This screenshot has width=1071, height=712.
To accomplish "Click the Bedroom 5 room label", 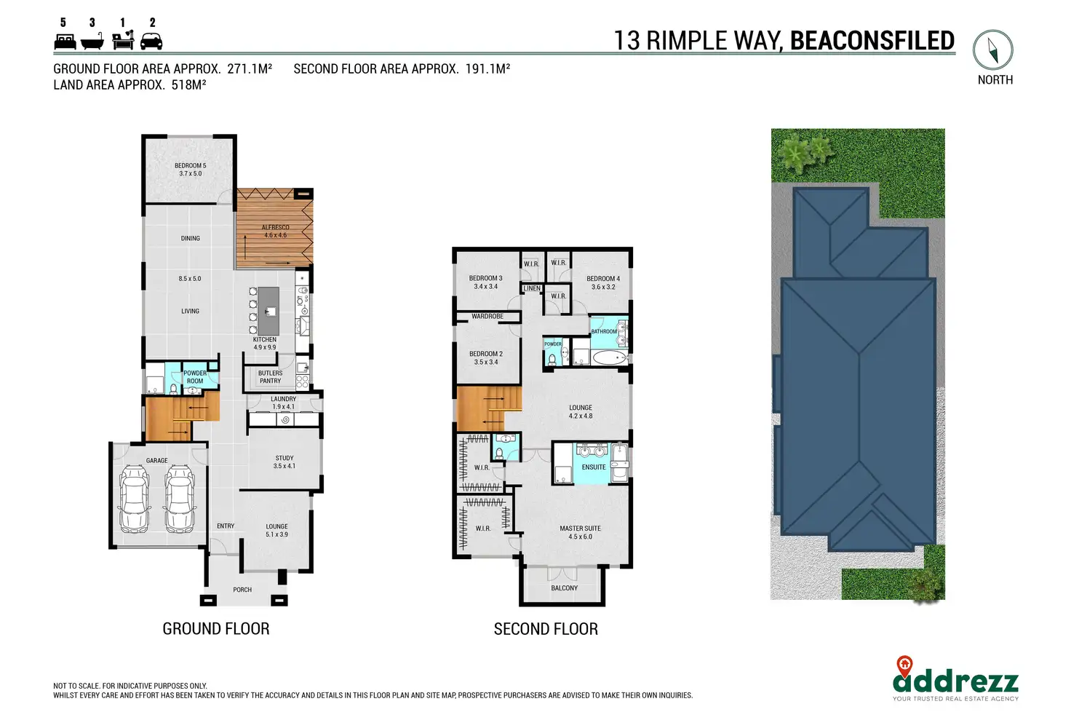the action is [x=191, y=170].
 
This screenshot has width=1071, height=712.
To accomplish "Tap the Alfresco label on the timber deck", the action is [x=276, y=231].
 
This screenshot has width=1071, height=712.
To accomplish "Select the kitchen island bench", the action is [x=268, y=311].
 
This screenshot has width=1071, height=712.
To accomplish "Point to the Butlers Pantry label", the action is [x=270, y=377].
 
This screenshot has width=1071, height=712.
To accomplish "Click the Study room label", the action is [x=284, y=462].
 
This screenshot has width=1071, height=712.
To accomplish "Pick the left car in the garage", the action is [x=135, y=499].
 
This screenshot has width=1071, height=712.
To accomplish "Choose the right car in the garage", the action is [x=180, y=499].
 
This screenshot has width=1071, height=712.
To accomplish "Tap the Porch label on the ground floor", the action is [x=242, y=590].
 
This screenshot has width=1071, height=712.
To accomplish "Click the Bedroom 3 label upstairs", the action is [x=486, y=282].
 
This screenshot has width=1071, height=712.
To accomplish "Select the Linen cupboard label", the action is [x=532, y=288].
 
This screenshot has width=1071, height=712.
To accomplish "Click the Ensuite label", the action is [x=594, y=467].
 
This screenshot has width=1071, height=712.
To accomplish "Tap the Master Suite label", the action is [x=581, y=533].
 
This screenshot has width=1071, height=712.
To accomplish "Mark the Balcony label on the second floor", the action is [x=564, y=588].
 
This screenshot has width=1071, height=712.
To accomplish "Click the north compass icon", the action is [x=993, y=50].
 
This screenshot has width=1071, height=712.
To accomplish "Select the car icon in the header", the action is [x=151, y=41].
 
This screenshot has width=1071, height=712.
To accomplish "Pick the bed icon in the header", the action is [x=65, y=41].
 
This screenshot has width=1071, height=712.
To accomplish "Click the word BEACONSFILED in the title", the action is [x=872, y=40].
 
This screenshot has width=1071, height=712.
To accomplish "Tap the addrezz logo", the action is [x=955, y=679].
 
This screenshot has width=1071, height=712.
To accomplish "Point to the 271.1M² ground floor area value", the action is [x=250, y=69].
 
